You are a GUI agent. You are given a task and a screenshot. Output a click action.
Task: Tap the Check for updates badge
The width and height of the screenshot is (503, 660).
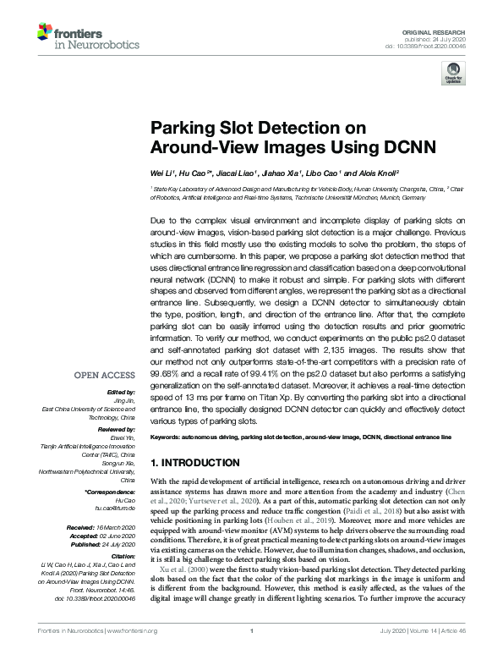(x=453, y=76)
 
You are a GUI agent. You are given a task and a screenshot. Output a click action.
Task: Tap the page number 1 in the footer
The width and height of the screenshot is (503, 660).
(x=252, y=653)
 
